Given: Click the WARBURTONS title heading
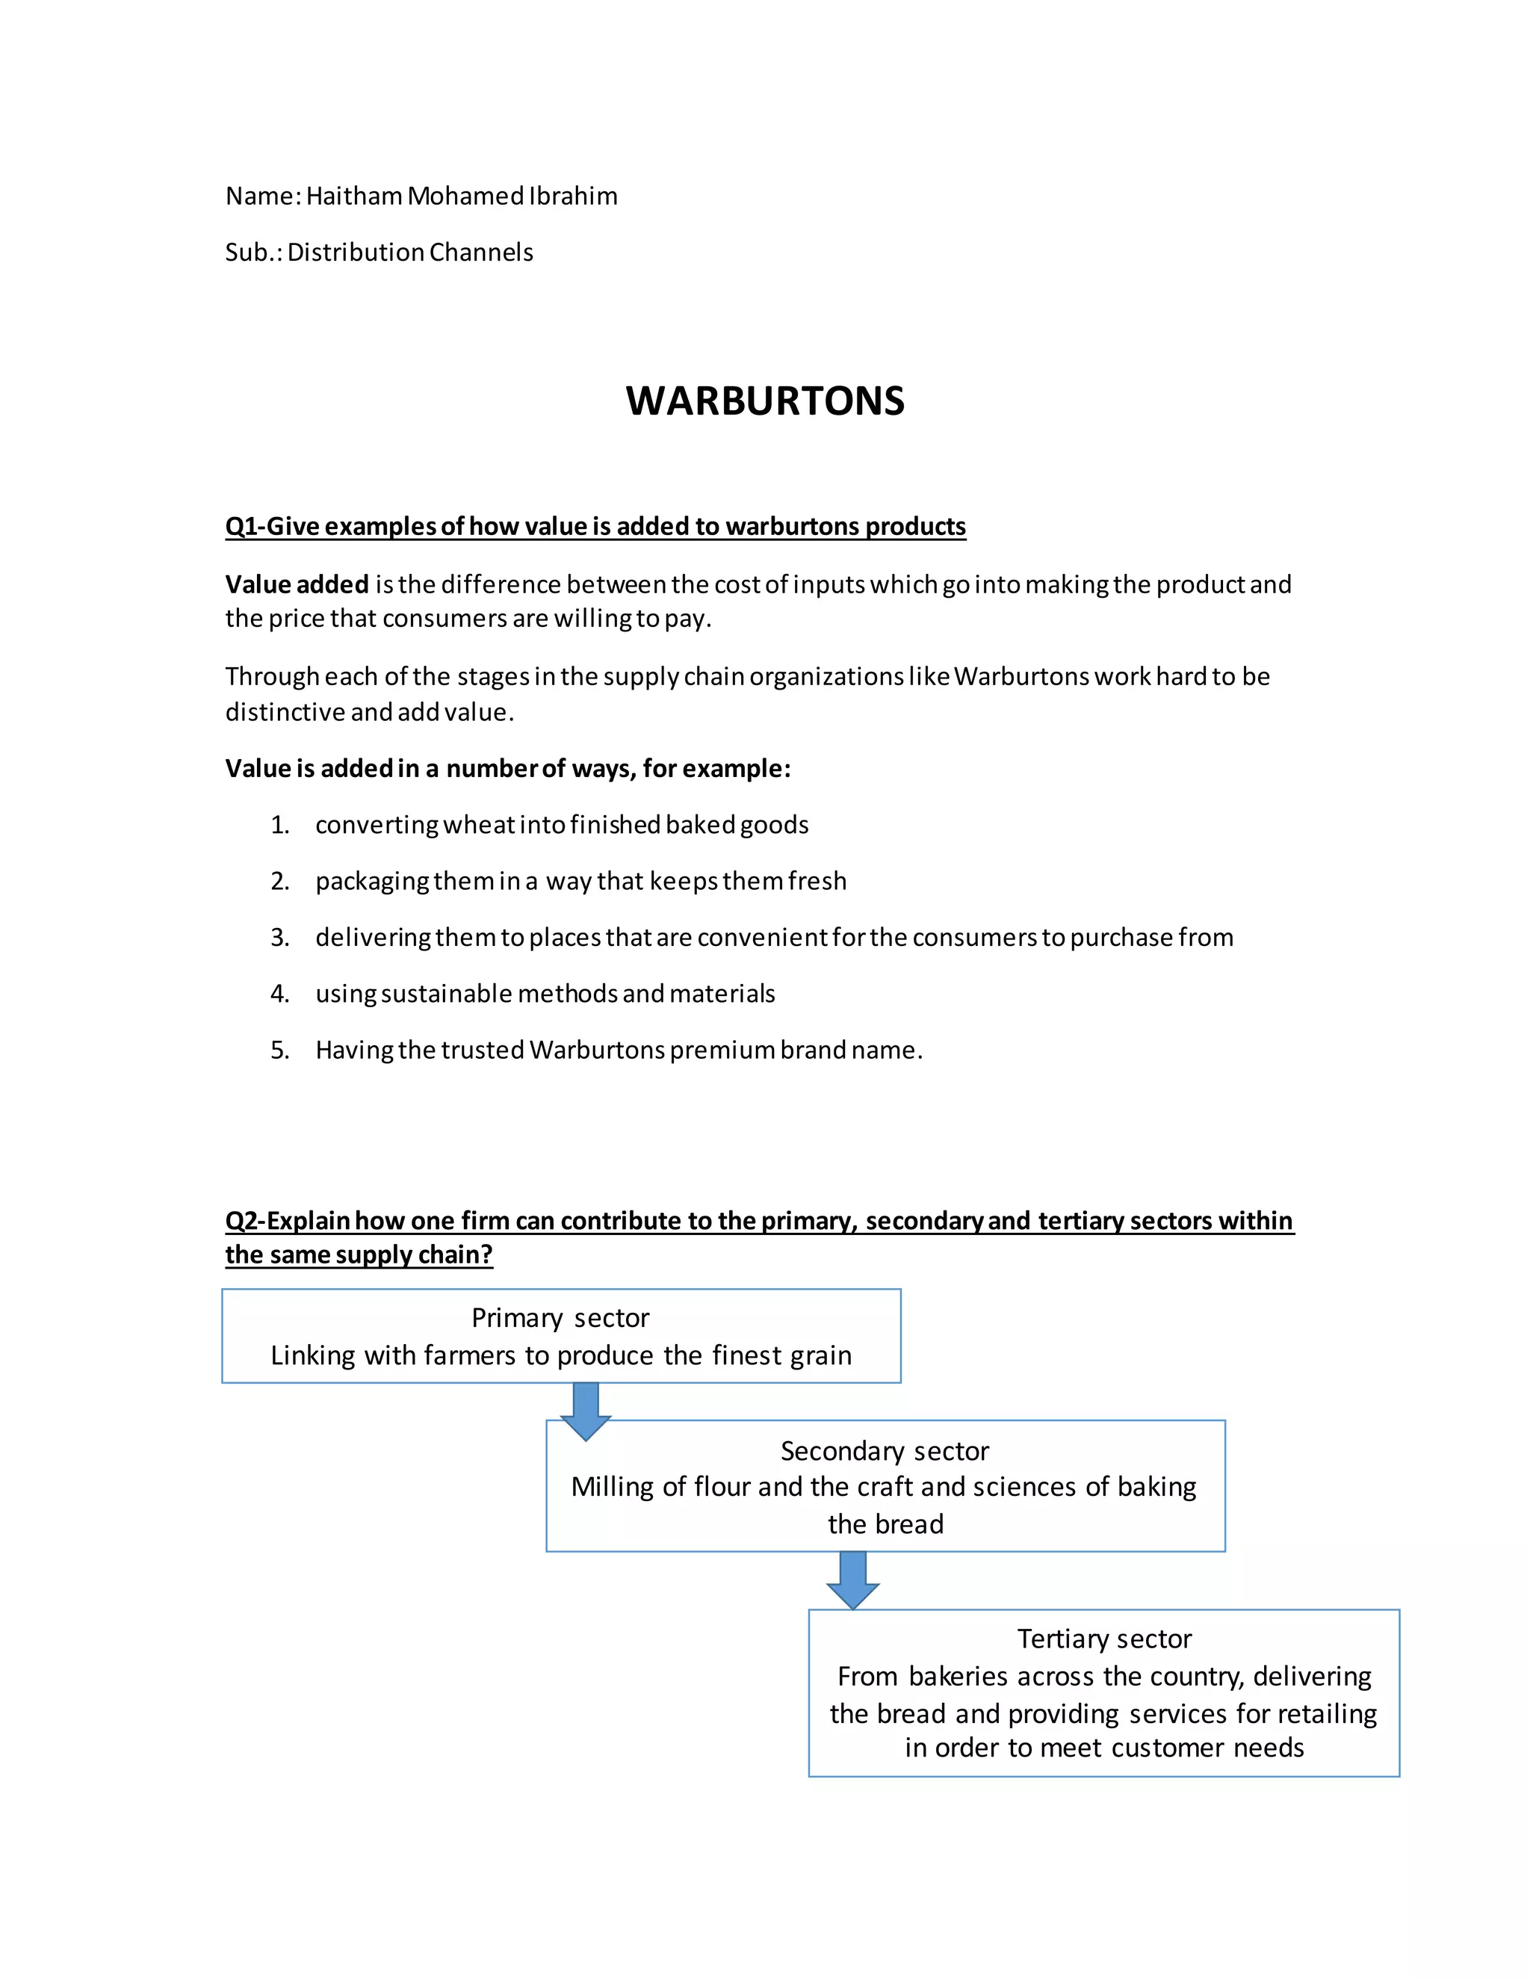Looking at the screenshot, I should [764, 400].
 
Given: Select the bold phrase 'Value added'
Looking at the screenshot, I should [297, 585].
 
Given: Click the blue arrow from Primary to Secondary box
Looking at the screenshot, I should [586, 1411].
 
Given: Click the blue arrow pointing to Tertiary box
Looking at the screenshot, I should [852, 1580].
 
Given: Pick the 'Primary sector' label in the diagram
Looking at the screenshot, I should [560, 1318].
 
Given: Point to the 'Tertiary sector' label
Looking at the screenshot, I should [1104, 1639].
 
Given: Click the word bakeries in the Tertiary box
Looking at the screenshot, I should [960, 1677].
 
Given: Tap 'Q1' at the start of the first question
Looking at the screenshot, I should [241, 527].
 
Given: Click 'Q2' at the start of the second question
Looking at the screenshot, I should [241, 1221].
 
